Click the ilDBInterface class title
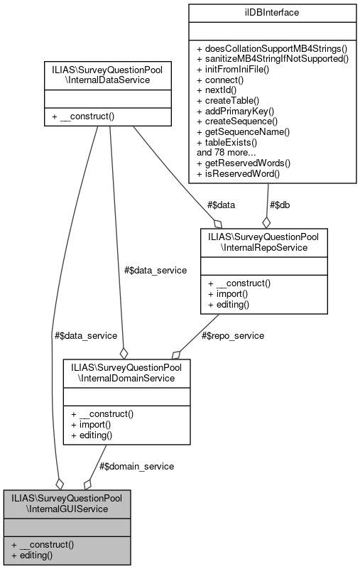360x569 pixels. tap(271, 12)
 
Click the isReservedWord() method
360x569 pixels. tap(238, 173)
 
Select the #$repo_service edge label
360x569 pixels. tap(234, 335)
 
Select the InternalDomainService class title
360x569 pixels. tap(126, 372)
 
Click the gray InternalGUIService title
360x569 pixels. tap(67, 503)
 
